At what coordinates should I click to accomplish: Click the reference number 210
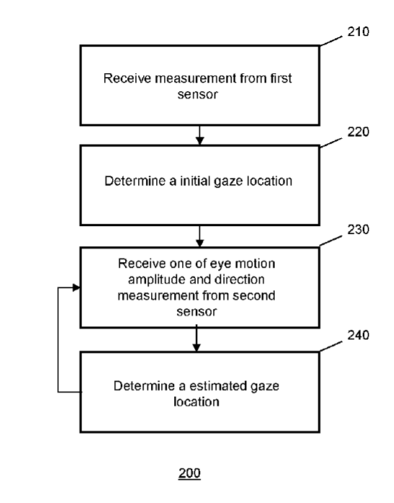click(x=359, y=32)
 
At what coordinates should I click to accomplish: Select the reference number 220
click(x=359, y=132)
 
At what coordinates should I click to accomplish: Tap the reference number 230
click(x=359, y=229)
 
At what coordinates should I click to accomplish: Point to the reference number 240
click(x=359, y=335)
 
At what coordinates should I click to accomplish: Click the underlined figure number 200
click(x=190, y=473)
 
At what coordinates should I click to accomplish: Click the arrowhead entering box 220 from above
click(x=200, y=141)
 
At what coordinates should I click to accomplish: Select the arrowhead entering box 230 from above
click(x=200, y=242)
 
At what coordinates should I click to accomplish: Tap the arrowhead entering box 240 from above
click(x=196, y=348)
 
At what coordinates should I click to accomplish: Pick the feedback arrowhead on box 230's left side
click(x=76, y=287)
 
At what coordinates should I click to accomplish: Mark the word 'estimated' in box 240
click(x=219, y=386)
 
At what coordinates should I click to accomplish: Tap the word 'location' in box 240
click(x=196, y=402)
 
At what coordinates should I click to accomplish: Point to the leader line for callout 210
click(x=330, y=41)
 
